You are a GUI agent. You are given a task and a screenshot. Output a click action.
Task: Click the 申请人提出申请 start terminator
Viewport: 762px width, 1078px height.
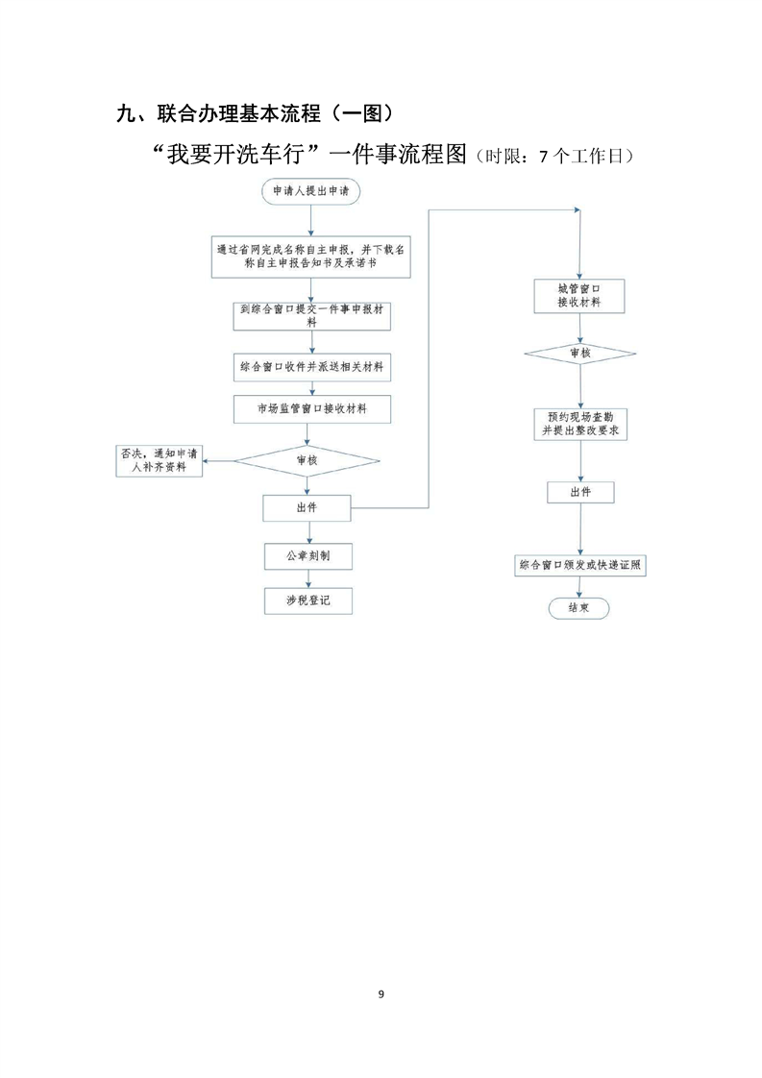(x=309, y=191)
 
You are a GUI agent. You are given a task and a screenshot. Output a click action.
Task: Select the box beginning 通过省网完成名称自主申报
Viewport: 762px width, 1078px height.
(x=309, y=257)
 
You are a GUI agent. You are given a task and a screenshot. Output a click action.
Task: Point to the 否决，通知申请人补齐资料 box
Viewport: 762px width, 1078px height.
(x=160, y=460)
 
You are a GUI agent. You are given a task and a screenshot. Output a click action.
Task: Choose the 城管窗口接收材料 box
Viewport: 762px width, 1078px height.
(x=579, y=295)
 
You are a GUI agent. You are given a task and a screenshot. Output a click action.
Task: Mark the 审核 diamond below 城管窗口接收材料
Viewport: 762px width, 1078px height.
(x=579, y=354)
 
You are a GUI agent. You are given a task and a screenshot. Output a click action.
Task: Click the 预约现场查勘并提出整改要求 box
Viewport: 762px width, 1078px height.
(x=579, y=425)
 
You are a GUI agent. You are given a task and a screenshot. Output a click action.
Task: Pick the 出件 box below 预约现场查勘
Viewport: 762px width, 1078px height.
(x=579, y=492)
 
